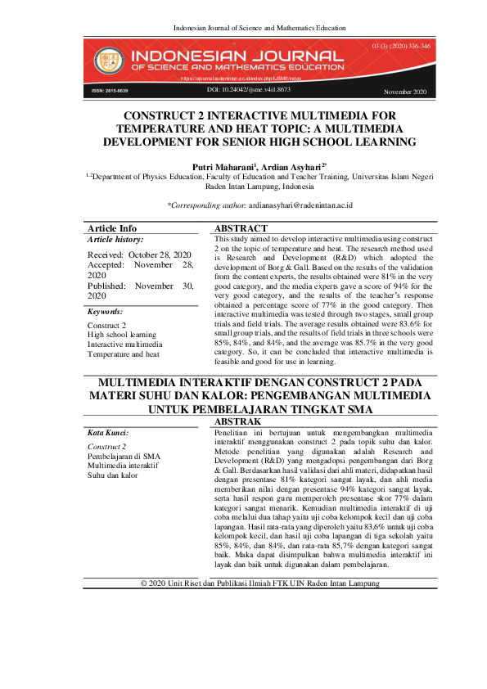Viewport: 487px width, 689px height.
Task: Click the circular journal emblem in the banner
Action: coord(106,59)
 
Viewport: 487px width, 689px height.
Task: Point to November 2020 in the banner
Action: coord(404,92)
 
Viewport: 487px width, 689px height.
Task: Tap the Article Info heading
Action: coord(112,228)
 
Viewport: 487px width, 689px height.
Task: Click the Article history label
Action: coord(115,240)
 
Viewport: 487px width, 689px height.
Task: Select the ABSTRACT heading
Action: coord(241,228)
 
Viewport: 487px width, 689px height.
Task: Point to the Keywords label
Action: coord(105,312)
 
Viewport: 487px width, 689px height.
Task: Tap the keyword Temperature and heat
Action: coord(124,354)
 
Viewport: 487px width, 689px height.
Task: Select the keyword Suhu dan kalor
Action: coord(112,475)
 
